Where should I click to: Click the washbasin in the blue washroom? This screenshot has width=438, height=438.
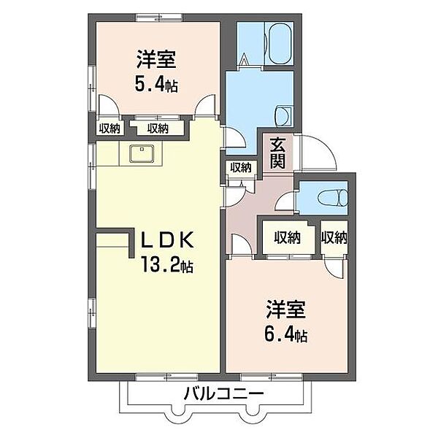(x=283, y=116)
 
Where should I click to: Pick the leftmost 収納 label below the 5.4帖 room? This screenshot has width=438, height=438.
(x=109, y=128)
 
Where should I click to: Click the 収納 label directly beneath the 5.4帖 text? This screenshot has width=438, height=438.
(x=157, y=128)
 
